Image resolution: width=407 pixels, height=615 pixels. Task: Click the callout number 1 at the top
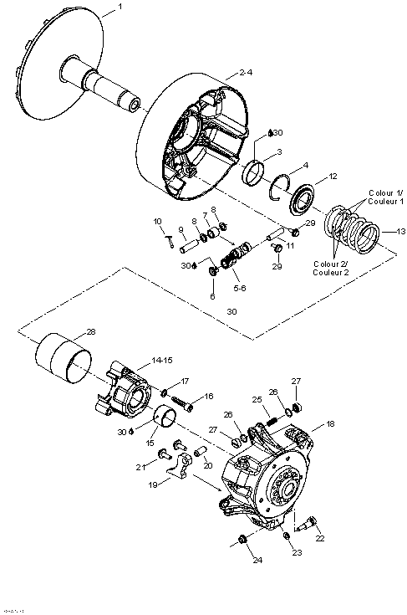point(119,7)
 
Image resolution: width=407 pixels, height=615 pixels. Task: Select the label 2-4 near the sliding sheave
point(244,73)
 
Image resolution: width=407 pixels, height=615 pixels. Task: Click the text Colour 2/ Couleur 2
point(333,268)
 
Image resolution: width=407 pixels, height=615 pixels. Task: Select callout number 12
point(332,177)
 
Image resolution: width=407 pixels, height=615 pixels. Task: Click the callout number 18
point(329,424)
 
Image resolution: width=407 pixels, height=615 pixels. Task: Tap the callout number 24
point(257,560)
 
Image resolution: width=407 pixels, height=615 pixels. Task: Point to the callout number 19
point(151,484)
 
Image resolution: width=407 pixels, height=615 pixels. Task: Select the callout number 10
point(156,221)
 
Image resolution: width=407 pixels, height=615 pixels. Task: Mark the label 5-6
point(239,288)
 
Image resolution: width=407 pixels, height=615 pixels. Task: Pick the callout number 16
point(208,396)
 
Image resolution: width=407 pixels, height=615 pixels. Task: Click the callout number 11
point(291,246)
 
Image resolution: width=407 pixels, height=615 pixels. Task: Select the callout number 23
point(298,553)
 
